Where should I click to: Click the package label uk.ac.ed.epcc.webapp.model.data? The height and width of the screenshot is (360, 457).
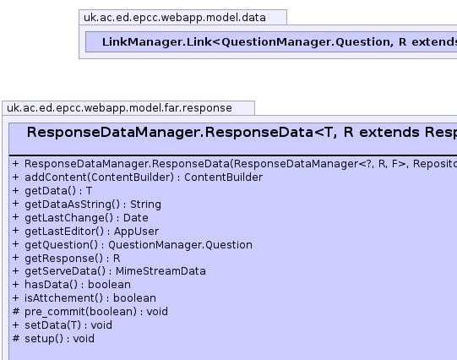(175, 18)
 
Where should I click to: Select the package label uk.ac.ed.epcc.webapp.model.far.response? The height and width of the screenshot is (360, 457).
(119, 108)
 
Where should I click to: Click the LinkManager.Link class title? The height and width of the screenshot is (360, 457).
(280, 42)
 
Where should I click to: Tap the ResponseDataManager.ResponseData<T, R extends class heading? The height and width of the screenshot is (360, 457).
(242, 133)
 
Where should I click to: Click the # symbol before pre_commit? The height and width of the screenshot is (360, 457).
(16, 311)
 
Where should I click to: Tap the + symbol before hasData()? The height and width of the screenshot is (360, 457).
(16, 285)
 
